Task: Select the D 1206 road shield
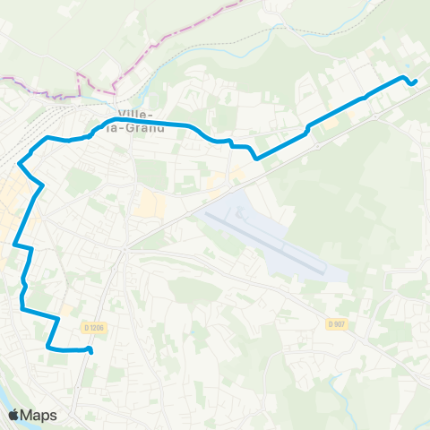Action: tap(92, 328)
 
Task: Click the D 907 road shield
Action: tap(336, 323)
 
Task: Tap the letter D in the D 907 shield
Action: tap(331, 323)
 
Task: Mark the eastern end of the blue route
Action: tap(416, 83)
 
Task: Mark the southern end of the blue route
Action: tap(91, 352)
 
